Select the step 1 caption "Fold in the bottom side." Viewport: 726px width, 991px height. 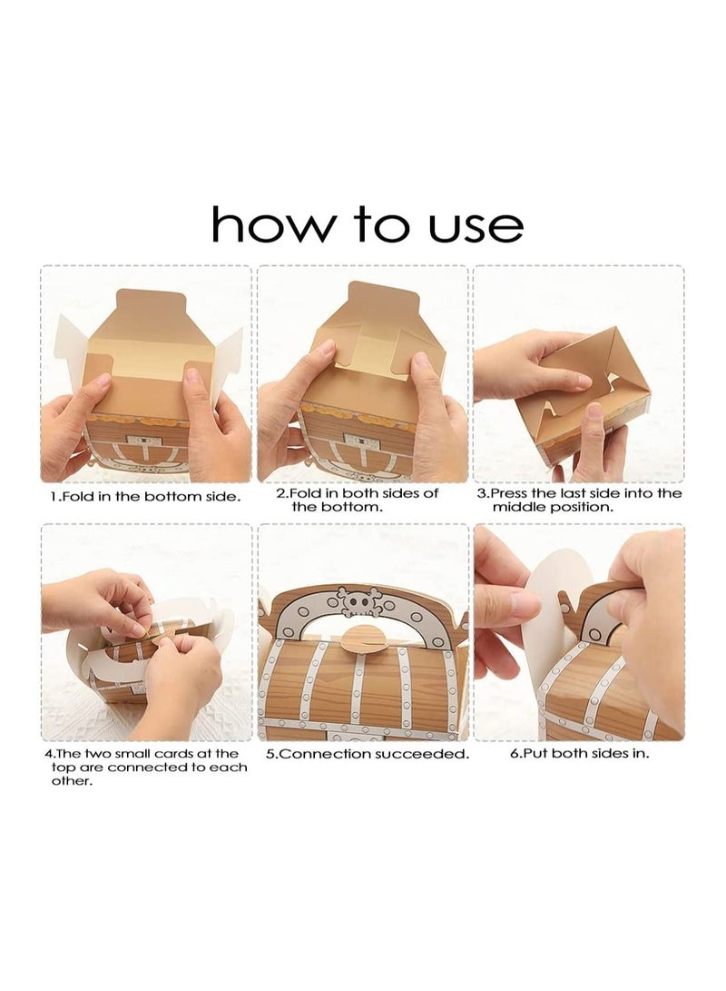150,497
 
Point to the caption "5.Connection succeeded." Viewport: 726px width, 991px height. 368,753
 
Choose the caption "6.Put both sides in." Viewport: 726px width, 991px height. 580,753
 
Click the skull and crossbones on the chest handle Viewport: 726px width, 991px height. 358,601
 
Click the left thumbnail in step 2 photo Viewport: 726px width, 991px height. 327,349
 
